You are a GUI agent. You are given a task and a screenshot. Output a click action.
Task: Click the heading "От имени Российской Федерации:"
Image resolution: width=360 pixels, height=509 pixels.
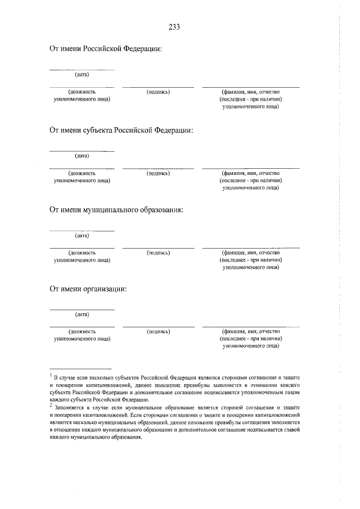(x=106, y=49)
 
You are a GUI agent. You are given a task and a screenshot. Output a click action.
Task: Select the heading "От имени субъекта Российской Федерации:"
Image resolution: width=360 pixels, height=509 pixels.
(x=121, y=130)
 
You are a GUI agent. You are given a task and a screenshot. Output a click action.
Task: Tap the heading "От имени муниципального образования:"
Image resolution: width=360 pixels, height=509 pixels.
(x=116, y=210)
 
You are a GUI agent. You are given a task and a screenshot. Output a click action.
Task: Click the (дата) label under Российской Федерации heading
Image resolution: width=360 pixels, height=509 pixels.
(x=82, y=74)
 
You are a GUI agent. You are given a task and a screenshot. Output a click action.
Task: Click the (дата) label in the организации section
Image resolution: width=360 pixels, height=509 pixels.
(x=82, y=314)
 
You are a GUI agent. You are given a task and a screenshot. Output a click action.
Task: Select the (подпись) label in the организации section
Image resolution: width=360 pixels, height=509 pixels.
(x=158, y=332)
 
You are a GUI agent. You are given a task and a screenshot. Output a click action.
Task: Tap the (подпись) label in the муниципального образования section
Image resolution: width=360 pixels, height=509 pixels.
(x=158, y=253)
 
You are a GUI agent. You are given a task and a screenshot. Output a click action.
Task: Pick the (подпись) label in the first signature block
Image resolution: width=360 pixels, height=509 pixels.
(x=158, y=92)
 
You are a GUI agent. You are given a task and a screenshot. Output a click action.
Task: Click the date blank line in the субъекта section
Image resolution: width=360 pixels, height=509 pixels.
(x=82, y=151)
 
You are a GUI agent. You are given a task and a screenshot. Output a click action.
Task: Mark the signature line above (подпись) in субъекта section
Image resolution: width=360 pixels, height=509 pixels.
(x=158, y=168)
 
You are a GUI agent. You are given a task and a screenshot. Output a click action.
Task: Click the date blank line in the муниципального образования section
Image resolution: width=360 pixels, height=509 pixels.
(x=82, y=231)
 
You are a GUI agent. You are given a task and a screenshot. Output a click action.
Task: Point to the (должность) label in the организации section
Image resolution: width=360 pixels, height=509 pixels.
(x=82, y=332)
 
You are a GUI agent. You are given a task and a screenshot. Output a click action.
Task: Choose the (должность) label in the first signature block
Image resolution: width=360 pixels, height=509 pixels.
(x=82, y=92)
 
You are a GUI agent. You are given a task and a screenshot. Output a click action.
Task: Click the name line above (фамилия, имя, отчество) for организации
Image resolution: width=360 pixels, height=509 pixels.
(x=251, y=327)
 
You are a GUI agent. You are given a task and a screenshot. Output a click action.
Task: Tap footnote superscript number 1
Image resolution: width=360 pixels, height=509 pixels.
(x=51, y=373)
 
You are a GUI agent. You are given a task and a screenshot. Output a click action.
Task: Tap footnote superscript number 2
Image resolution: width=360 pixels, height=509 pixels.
(x=51, y=405)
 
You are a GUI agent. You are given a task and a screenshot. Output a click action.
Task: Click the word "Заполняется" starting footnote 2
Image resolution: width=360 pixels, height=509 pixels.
(x=69, y=407)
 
